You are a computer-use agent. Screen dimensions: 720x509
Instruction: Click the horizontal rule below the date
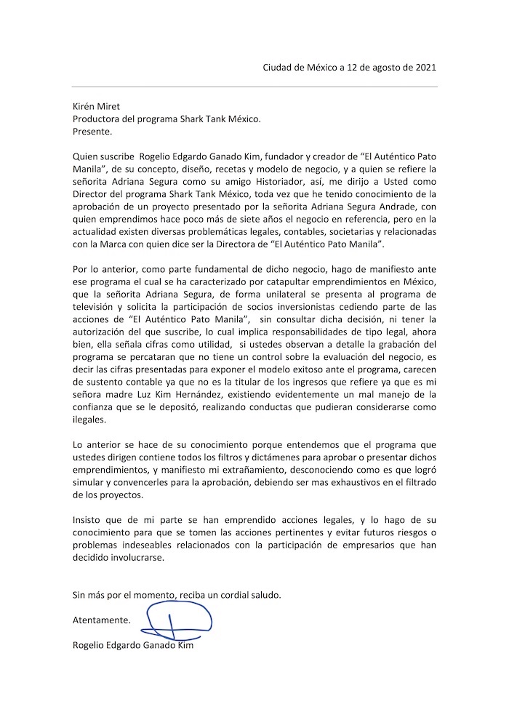(x=254, y=87)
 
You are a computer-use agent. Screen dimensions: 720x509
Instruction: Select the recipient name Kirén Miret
(x=97, y=106)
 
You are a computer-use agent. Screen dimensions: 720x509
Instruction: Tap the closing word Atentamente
(x=102, y=620)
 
